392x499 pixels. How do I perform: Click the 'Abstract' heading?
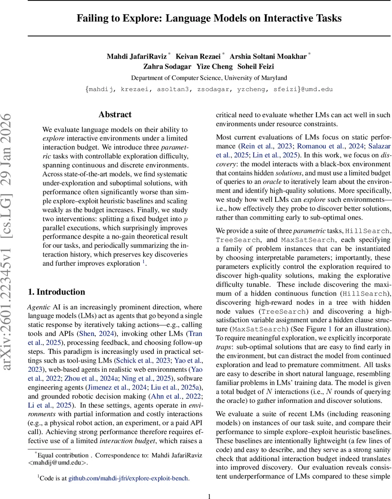[x=115, y=114]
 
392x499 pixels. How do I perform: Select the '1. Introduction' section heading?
[x=56, y=291]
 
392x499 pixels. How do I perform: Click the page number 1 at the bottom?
[x=209, y=496]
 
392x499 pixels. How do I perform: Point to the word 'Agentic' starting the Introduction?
[x=39, y=307]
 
